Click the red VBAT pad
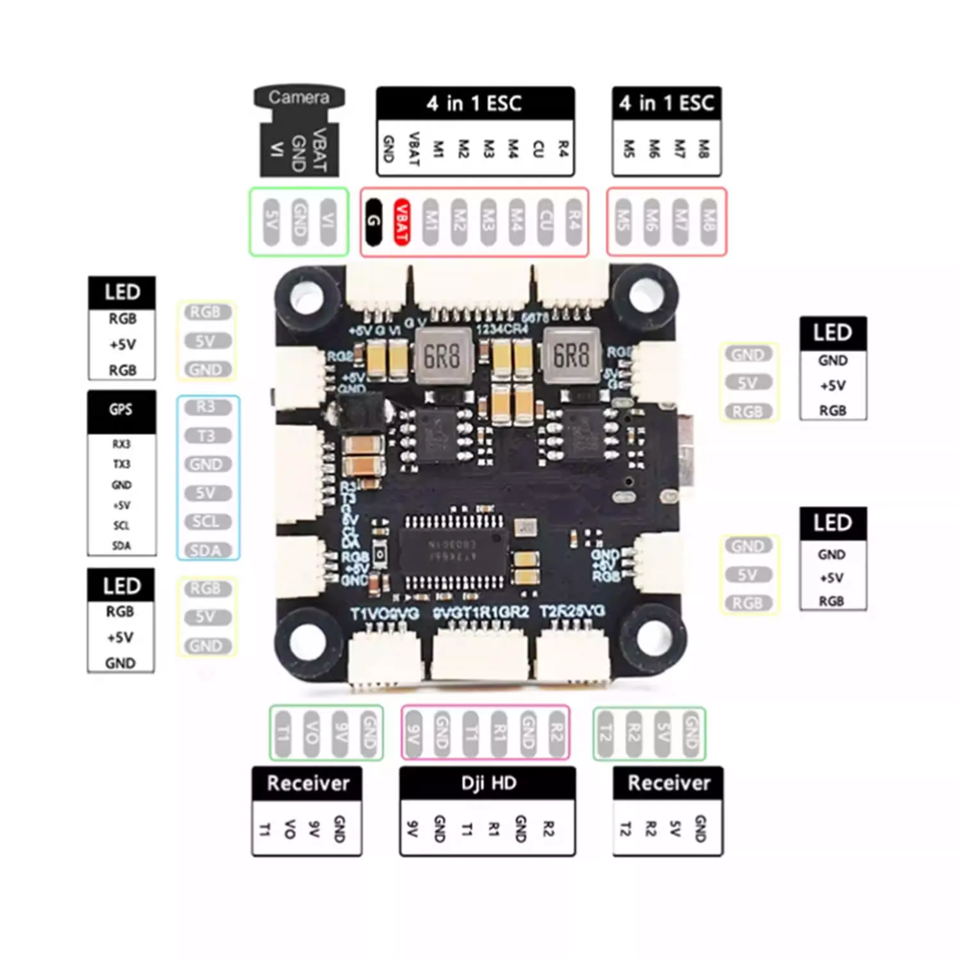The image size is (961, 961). click(402, 222)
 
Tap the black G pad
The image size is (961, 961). click(374, 222)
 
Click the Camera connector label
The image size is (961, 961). click(299, 97)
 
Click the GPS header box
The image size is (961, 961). click(121, 410)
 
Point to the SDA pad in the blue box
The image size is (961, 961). click(208, 550)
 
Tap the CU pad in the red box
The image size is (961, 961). click(546, 222)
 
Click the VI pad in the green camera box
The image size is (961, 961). click(328, 222)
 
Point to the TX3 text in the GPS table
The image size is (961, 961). click(122, 464)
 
